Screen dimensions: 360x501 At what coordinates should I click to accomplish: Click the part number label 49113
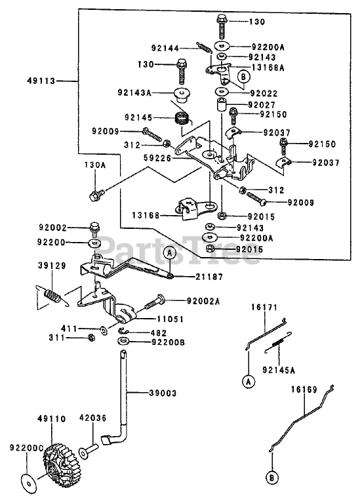pos(41,81)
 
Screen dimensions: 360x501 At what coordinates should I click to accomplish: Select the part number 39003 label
pos(163,393)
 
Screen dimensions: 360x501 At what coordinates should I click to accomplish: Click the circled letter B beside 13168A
pos(243,77)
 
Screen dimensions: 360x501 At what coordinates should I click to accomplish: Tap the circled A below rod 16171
pos(249,382)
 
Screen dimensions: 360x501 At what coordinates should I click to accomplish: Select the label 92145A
pos(279,370)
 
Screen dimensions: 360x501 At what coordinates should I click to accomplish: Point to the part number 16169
pos(304,390)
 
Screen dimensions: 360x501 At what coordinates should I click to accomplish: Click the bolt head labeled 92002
pos(94,228)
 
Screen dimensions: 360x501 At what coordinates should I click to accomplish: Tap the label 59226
pos(157,158)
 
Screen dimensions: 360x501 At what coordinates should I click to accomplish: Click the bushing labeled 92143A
pos(182,95)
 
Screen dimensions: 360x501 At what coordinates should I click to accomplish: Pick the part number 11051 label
pos(170,319)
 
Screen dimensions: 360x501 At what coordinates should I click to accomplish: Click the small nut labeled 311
pos(91,338)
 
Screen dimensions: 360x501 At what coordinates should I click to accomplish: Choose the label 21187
pos(210,277)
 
